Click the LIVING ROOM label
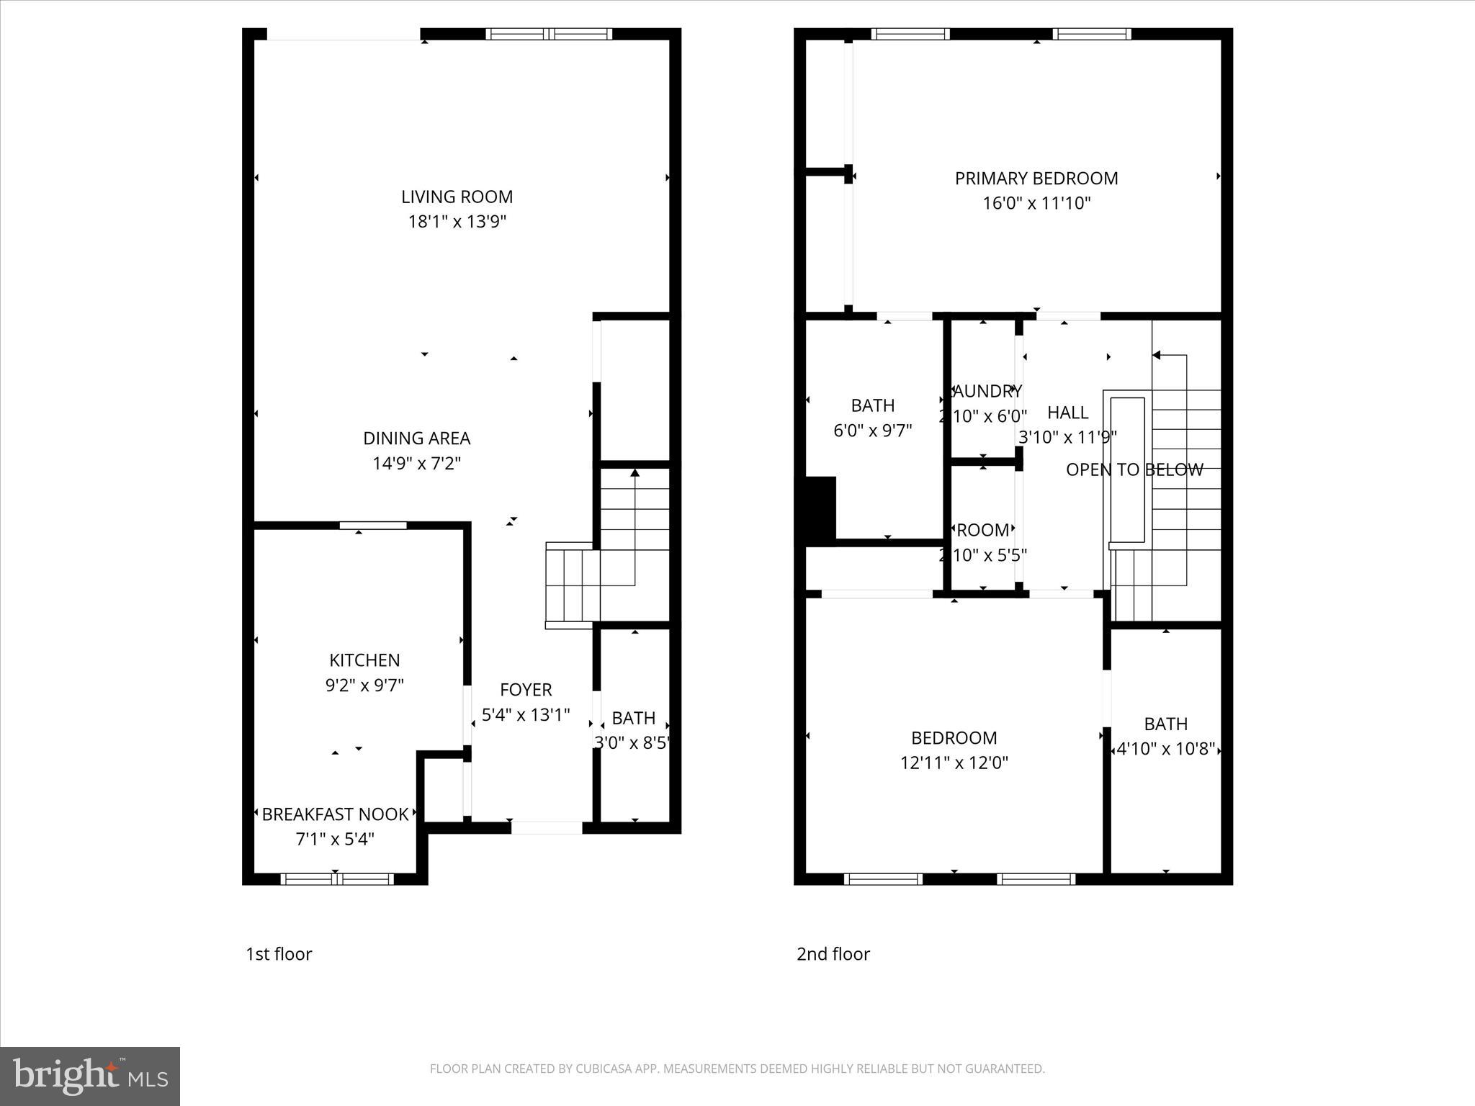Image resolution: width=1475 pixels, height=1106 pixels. tap(457, 197)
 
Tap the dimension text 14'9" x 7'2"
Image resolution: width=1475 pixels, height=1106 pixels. tap(416, 463)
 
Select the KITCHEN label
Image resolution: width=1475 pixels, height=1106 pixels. tap(364, 660)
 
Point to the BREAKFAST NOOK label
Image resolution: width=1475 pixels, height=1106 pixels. tap(335, 814)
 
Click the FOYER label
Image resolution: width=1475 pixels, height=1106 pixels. tap(526, 690)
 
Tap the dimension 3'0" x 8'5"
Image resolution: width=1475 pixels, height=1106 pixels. tap(632, 742)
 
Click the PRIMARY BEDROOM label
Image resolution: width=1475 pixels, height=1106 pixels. tap(1036, 179)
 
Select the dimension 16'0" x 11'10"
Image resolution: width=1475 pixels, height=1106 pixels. tap(1036, 204)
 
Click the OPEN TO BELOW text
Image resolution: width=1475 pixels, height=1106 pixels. tap(1134, 470)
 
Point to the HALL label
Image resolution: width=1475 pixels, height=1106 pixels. tap(1067, 413)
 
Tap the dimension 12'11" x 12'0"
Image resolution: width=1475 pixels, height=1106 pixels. tap(954, 763)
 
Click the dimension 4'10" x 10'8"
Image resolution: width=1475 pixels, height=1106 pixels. tap(1165, 750)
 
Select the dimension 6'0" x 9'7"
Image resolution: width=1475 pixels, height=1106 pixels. tap(872, 431)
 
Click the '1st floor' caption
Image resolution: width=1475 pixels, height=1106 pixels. tap(279, 954)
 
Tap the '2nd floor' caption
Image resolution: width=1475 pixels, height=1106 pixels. tap(833, 954)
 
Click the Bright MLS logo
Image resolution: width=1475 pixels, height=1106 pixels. tap(90, 1076)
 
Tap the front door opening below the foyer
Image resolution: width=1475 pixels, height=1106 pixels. tap(547, 828)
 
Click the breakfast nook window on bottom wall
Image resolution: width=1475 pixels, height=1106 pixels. tap(336, 878)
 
